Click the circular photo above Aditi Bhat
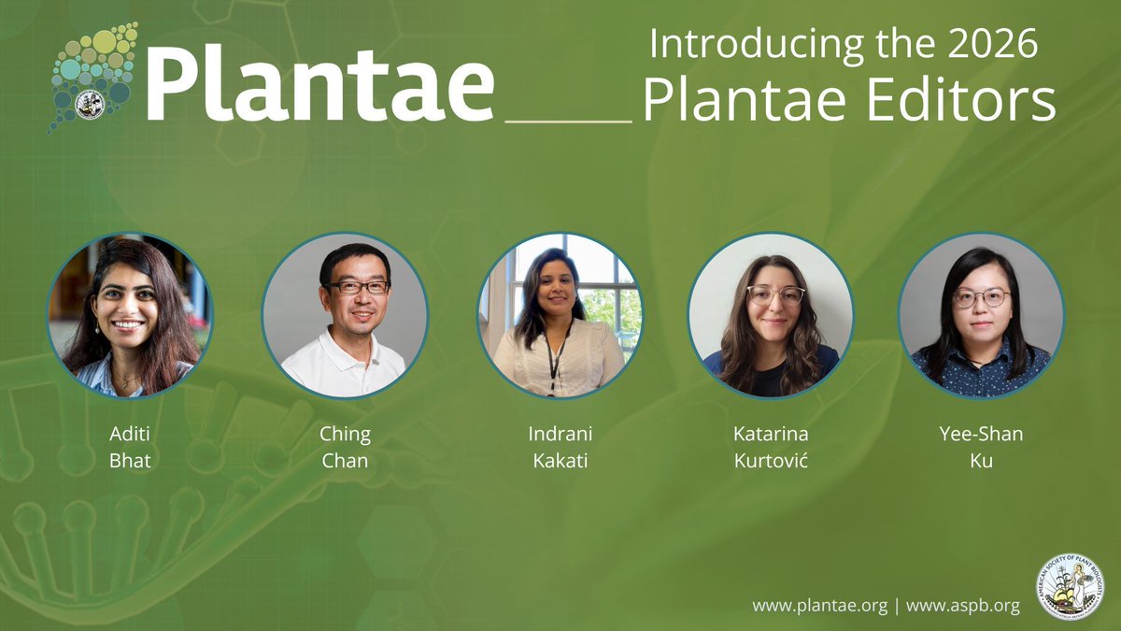(x=130, y=315)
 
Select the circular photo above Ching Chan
(x=345, y=315)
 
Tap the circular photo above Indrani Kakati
(x=560, y=315)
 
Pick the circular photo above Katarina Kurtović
(x=771, y=315)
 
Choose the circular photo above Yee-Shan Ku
(x=981, y=315)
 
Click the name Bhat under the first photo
(x=130, y=461)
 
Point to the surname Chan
(x=345, y=461)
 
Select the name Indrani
(x=560, y=435)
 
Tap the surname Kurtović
(x=771, y=461)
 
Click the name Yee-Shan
(x=981, y=435)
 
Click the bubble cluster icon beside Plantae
(x=93, y=75)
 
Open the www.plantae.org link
(x=819, y=606)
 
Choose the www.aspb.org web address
(x=962, y=606)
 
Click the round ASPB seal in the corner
(x=1071, y=587)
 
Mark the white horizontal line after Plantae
(x=568, y=121)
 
